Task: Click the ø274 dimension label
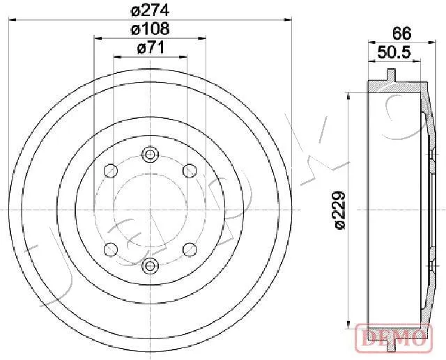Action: [151, 11]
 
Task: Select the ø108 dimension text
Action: [151, 29]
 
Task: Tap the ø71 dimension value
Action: [151, 47]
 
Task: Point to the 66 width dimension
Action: [401, 33]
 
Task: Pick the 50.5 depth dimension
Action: [394, 52]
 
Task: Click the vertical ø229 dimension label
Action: [339, 210]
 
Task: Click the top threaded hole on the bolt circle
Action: [150, 154]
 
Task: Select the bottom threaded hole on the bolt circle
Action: [150, 266]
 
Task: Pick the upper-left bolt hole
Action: [111, 171]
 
